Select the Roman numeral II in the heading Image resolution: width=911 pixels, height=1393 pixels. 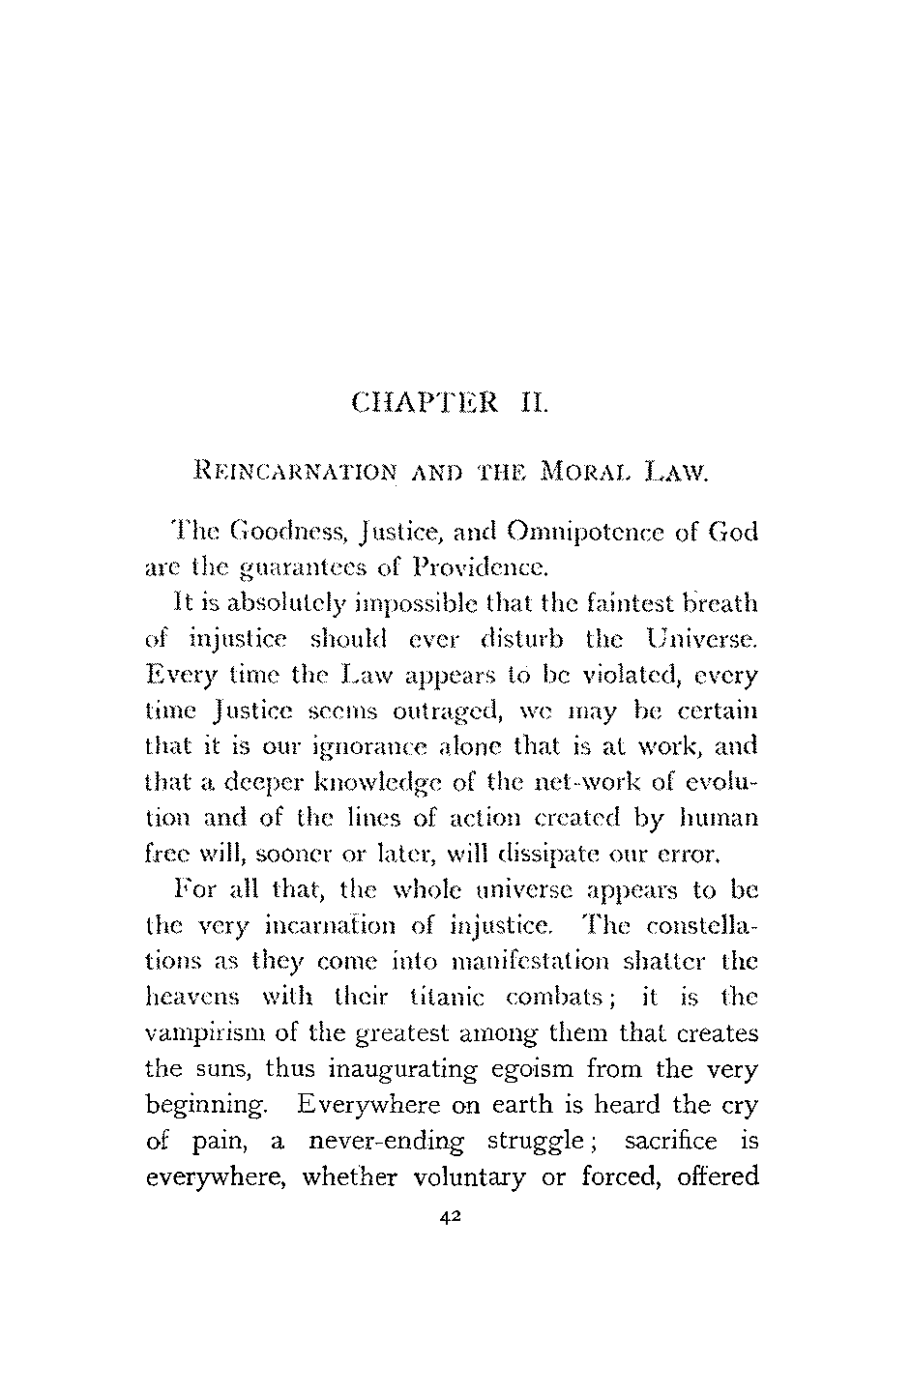tap(535, 400)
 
